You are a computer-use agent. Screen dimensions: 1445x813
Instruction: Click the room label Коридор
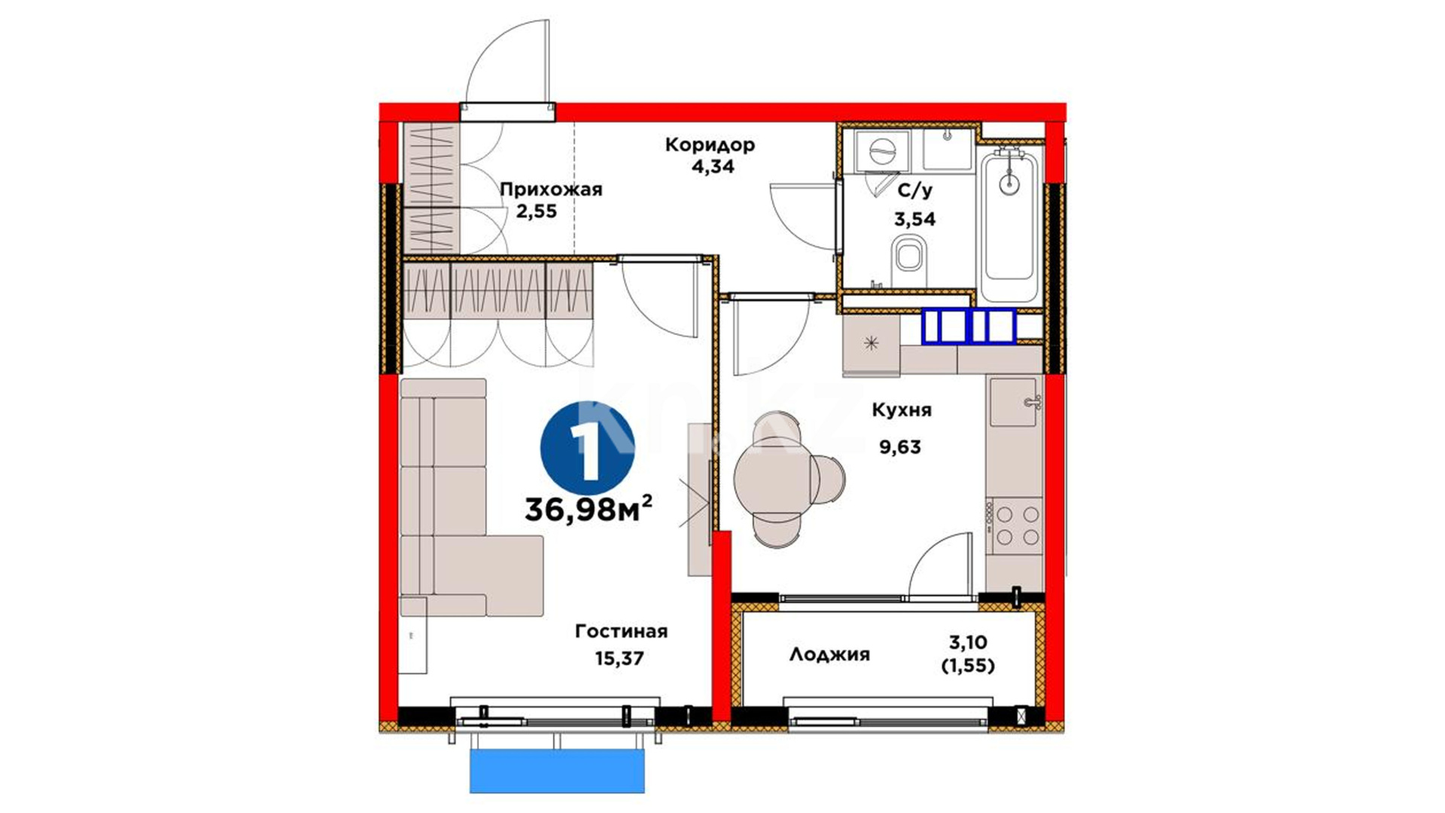[x=709, y=144]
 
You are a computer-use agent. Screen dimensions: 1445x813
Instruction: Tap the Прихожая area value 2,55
[x=536, y=211]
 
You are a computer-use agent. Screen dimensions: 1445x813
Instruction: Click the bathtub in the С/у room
[x=1009, y=224]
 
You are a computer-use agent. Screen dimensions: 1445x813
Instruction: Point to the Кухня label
[x=902, y=410]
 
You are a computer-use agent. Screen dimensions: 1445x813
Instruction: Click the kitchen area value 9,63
[x=900, y=447]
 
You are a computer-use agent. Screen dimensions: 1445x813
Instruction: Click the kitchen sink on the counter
[x=1015, y=402]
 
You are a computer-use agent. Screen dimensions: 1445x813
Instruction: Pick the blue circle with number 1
[x=587, y=448]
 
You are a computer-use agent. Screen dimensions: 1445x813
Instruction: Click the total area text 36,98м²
[x=588, y=509]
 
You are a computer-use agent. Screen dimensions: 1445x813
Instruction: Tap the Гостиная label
[x=621, y=631]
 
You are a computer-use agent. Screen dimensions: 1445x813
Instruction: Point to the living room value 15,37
[x=619, y=659]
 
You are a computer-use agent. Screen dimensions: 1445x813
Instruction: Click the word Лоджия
[x=829, y=655]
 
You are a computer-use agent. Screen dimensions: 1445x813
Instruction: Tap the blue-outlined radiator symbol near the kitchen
[x=969, y=326]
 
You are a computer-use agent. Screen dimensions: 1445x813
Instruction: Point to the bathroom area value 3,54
[x=914, y=220]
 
